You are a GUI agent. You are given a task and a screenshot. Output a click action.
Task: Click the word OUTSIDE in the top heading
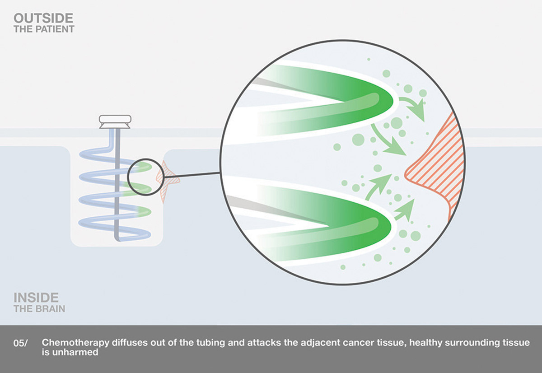coord(43,19)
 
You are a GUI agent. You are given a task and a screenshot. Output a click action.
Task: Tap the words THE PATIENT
coord(44,29)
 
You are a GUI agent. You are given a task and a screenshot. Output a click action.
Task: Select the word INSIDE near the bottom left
coord(36,298)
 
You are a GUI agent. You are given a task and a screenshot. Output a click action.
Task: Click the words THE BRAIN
coord(39,309)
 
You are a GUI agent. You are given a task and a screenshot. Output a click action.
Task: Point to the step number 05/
coord(20,344)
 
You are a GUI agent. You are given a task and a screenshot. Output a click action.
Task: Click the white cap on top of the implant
coord(115,121)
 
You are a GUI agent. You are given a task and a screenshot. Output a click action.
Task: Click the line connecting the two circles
coord(192,175)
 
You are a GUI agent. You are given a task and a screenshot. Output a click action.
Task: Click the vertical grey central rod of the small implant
coord(117,184)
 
